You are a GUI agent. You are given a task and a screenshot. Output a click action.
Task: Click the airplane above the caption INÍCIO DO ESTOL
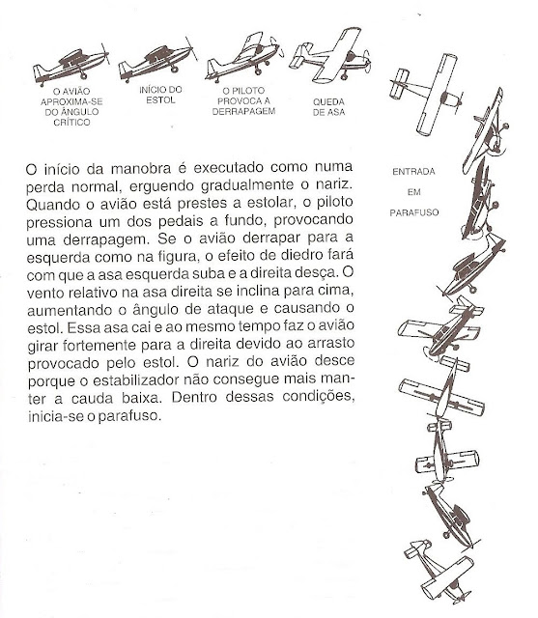point(155,62)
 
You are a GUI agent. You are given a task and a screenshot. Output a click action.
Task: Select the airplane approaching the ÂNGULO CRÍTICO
point(67,64)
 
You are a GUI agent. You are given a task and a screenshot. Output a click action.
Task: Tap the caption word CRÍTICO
point(67,121)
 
